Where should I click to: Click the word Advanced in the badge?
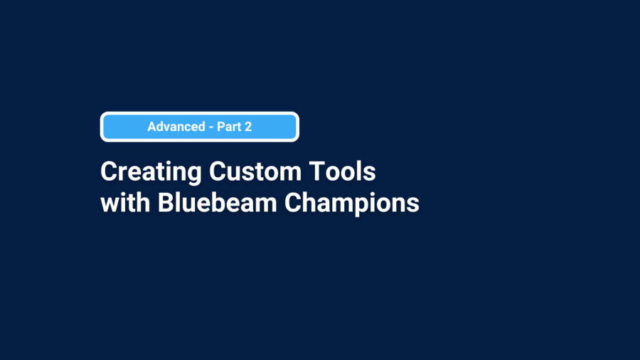(x=176, y=127)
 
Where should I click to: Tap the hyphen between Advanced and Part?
(x=211, y=127)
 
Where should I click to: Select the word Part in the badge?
(x=228, y=127)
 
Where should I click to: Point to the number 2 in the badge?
(x=248, y=127)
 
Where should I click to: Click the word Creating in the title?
(x=151, y=172)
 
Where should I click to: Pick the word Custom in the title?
(x=255, y=171)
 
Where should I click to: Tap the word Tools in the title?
(x=342, y=171)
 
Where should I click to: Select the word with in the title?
(x=125, y=203)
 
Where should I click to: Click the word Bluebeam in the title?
(x=218, y=203)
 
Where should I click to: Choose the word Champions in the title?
(x=352, y=203)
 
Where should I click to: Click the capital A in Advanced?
(x=152, y=127)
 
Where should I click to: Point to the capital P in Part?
(x=221, y=127)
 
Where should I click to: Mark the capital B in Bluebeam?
(x=166, y=203)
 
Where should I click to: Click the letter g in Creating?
(x=194, y=176)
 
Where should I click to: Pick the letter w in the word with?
(x=111, y=205)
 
